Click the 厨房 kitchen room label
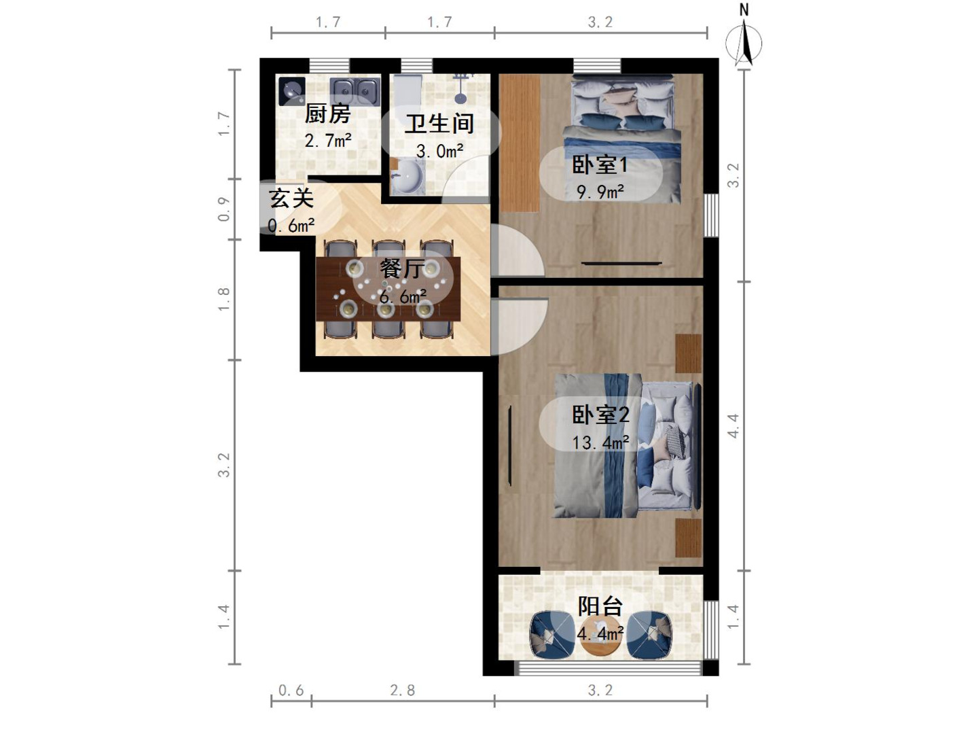click(x=327, y=113)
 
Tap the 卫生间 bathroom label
click(x=439, y=124)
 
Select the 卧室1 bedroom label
click(x=600, y=165)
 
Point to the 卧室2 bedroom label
click(x=600, y=415)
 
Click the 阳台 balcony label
click(x=600, y=606)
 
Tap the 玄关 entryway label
click(x=292, y=198)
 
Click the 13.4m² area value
click(x=600, y=442)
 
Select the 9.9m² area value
click(x=600, y=192)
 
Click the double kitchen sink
click(x=355, y=91)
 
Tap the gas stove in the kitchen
click(x=292, y=91)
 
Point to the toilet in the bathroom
click(x=407, y=91)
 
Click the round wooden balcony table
click(x=600, y=635)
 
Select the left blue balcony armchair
click(x=551, y=635)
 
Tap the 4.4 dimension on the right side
click(x=733, y=425)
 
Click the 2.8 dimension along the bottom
click(x=402, y=691)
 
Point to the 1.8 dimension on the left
click(x=223, y=299)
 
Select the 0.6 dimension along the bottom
click(x=291, y=691)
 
